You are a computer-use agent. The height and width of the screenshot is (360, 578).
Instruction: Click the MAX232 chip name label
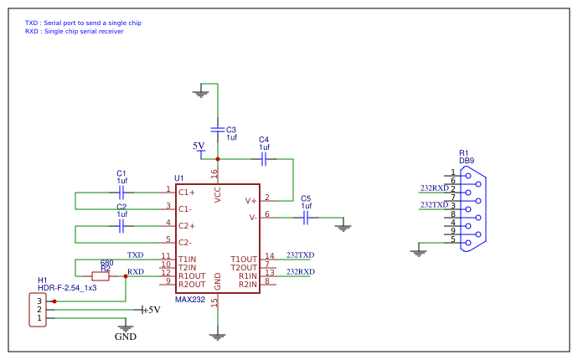coord(189,299)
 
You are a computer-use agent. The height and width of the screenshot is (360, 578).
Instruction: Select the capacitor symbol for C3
coord(218,129)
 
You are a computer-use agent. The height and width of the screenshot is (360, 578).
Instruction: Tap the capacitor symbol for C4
coord(264,157)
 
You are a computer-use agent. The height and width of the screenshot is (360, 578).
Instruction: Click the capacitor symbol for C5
coord(306,218)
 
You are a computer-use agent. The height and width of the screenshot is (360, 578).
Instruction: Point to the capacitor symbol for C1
coord(121,192)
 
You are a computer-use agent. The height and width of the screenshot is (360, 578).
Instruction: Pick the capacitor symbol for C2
coord(121,225)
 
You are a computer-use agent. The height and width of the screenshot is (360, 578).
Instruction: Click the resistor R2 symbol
coord(101,275)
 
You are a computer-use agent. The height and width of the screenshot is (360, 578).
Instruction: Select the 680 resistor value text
coord(106,263)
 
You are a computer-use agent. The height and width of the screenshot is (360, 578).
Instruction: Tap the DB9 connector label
coord(467,160)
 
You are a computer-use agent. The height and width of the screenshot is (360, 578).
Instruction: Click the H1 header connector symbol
coord(38,309)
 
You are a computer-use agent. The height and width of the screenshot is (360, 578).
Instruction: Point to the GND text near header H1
coord(125,337)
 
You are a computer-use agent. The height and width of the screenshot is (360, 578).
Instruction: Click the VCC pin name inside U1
coord(218,194)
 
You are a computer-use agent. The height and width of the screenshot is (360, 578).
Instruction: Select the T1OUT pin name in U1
coord(245,259)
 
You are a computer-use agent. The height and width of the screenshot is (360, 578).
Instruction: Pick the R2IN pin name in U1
coord(248,284)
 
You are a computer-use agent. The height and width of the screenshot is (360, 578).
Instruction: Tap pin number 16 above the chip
coord(214,174)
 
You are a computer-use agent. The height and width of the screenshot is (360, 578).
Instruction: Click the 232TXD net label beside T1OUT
coord(300,255)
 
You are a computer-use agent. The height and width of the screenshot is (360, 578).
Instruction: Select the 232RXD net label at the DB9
coord(434,188)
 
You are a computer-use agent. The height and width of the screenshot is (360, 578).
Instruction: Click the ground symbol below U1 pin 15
coord(218,336)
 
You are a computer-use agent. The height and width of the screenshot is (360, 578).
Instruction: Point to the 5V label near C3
coord(199,146)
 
